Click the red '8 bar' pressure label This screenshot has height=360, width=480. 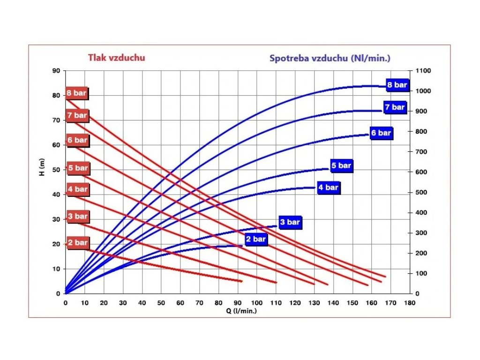click(77, 93)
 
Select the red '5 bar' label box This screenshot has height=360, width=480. click(77, 168)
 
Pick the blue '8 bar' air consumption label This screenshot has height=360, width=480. click(397, 85)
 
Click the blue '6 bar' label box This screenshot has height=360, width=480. click(381, 133)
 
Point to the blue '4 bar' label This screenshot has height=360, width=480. click(328, 187)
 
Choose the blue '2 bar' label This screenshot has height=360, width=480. click(256, 239)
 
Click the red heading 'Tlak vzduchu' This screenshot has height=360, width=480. click(116, 58)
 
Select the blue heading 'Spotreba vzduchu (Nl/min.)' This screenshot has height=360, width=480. click(330, 59)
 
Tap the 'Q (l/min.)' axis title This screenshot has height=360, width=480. click(238, 310)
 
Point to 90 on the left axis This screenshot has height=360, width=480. click(57, 71)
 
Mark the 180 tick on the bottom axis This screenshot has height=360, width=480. click(410, 303)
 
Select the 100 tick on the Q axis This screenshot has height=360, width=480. click(256, 303)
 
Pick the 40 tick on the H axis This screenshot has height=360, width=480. click(57, 195)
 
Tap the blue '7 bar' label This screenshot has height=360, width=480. click(395, 107)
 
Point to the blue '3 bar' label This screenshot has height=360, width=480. click(290, 222)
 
